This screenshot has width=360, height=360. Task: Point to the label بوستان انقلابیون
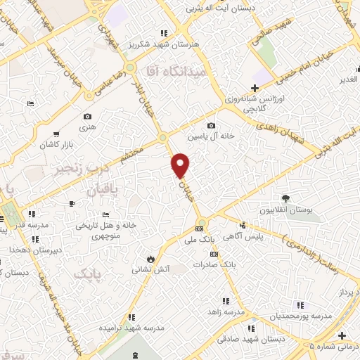286,210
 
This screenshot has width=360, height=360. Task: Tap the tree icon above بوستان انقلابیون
285,198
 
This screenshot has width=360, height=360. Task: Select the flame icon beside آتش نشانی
148,257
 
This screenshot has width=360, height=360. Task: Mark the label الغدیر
348,79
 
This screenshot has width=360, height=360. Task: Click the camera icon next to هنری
87,117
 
